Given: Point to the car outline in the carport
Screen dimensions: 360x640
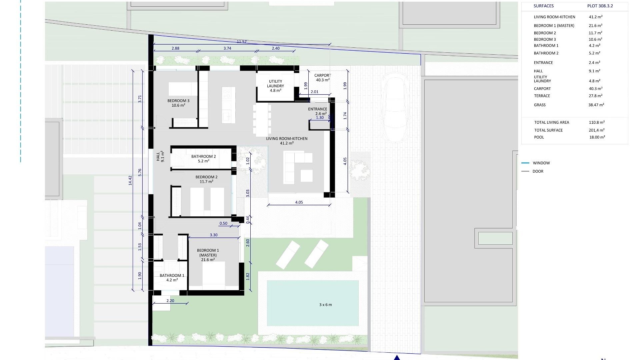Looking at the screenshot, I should [x=395, y=108].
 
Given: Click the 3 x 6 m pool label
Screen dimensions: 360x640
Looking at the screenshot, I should [x=325, y=305].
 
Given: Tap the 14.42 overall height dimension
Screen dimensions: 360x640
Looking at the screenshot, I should [x=130, y=180].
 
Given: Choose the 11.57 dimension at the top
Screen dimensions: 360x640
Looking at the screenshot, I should [x=242, y=42].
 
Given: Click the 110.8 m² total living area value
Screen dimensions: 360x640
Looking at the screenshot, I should [x=597, y=122].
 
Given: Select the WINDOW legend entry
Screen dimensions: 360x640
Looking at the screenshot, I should [x=541, y=163].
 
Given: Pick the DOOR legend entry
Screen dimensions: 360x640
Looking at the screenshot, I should [x=538, y=171].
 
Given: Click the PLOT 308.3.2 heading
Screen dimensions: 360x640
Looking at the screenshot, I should [x=600, y=6].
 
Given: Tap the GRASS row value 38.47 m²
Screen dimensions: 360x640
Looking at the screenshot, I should [x=596, y=105].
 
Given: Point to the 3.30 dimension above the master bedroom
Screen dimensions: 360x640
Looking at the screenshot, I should [x=214, y=235].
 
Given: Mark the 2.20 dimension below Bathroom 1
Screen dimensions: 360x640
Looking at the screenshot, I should [x=170, y=301].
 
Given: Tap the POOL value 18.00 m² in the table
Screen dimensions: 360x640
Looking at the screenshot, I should [x=597, y=137].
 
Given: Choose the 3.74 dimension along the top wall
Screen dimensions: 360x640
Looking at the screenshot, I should [x=227, y=48].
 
